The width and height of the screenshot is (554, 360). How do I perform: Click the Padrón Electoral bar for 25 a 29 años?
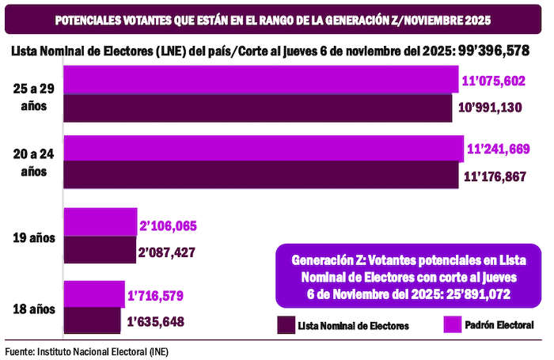[x=261, y=81]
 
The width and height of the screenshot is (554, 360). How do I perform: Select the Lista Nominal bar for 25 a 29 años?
[x=261, y=108]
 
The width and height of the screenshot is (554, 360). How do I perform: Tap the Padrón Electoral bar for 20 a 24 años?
[x=264, y=150]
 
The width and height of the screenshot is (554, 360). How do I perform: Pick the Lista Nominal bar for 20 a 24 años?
[x=261, y=176]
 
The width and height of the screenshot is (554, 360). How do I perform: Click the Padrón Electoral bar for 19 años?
[x=101, y=224]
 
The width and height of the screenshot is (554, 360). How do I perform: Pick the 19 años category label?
[x=35, y=237]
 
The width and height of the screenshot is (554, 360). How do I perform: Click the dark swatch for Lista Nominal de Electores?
[x=286, y=324]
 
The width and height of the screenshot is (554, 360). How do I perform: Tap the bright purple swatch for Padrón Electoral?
[x=453, y=324]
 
